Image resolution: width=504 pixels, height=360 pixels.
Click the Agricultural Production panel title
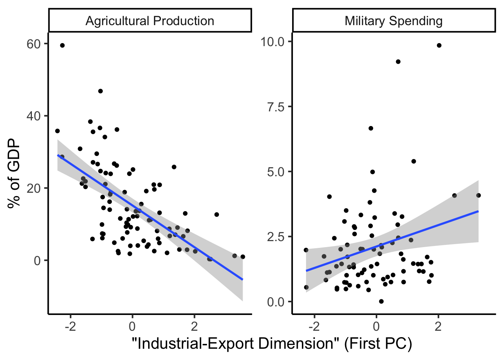tap(150, 21)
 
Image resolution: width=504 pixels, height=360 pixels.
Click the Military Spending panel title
tap(393, 21)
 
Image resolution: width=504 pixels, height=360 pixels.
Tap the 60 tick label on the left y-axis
tap(33, 44)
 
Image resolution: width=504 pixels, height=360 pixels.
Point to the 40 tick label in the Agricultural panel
tap(33, 116)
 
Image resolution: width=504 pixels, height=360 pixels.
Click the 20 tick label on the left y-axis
tap(33, 188)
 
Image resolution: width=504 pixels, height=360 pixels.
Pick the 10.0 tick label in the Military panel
tap(272, 42)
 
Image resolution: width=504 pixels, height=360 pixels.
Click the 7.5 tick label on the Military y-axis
tap(276, 107)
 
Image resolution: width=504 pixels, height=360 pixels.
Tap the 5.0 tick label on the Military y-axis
tap(276, 172)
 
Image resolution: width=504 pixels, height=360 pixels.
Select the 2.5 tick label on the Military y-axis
tap(276, 237)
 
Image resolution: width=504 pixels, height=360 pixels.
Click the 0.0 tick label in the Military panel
tap(276, 302)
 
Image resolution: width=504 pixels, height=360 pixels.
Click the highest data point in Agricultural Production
tap(62, 45)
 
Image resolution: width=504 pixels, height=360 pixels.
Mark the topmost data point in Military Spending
tap(439, 45)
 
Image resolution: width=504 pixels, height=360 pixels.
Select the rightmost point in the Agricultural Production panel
tap(243, 257)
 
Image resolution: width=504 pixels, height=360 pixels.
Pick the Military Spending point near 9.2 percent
tap(398, 62)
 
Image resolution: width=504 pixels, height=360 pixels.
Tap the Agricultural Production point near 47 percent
tap(100, 91)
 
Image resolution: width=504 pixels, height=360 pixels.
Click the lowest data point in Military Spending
tap(381, 301)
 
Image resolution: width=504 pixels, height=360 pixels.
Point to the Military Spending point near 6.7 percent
tap(371, 128)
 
